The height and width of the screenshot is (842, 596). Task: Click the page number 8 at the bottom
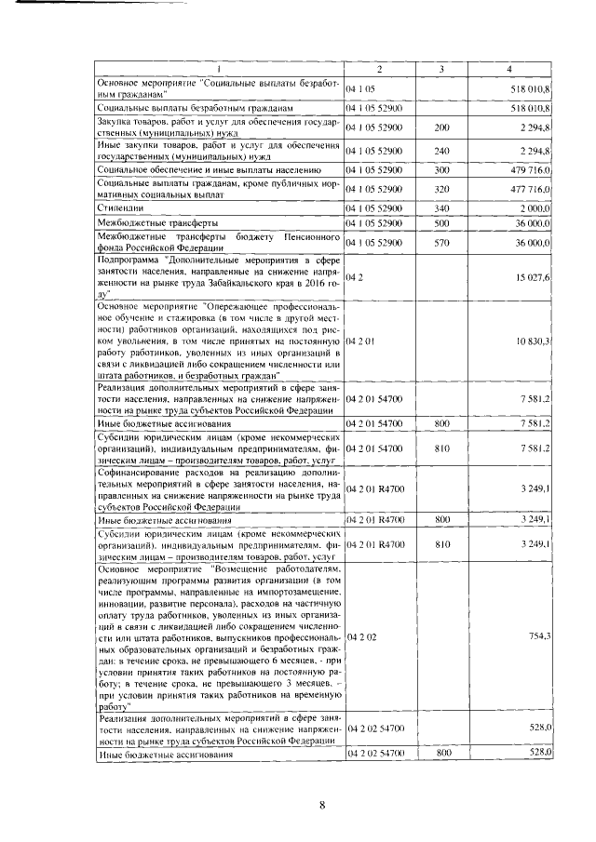[x=321, y=806]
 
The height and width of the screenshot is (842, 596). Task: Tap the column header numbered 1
[x=220, y=71]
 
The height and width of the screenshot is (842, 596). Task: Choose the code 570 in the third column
[x=441, y=243]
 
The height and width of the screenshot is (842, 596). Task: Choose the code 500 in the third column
[x=441, y=224]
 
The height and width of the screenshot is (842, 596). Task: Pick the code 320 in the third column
[x=441, y=189]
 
